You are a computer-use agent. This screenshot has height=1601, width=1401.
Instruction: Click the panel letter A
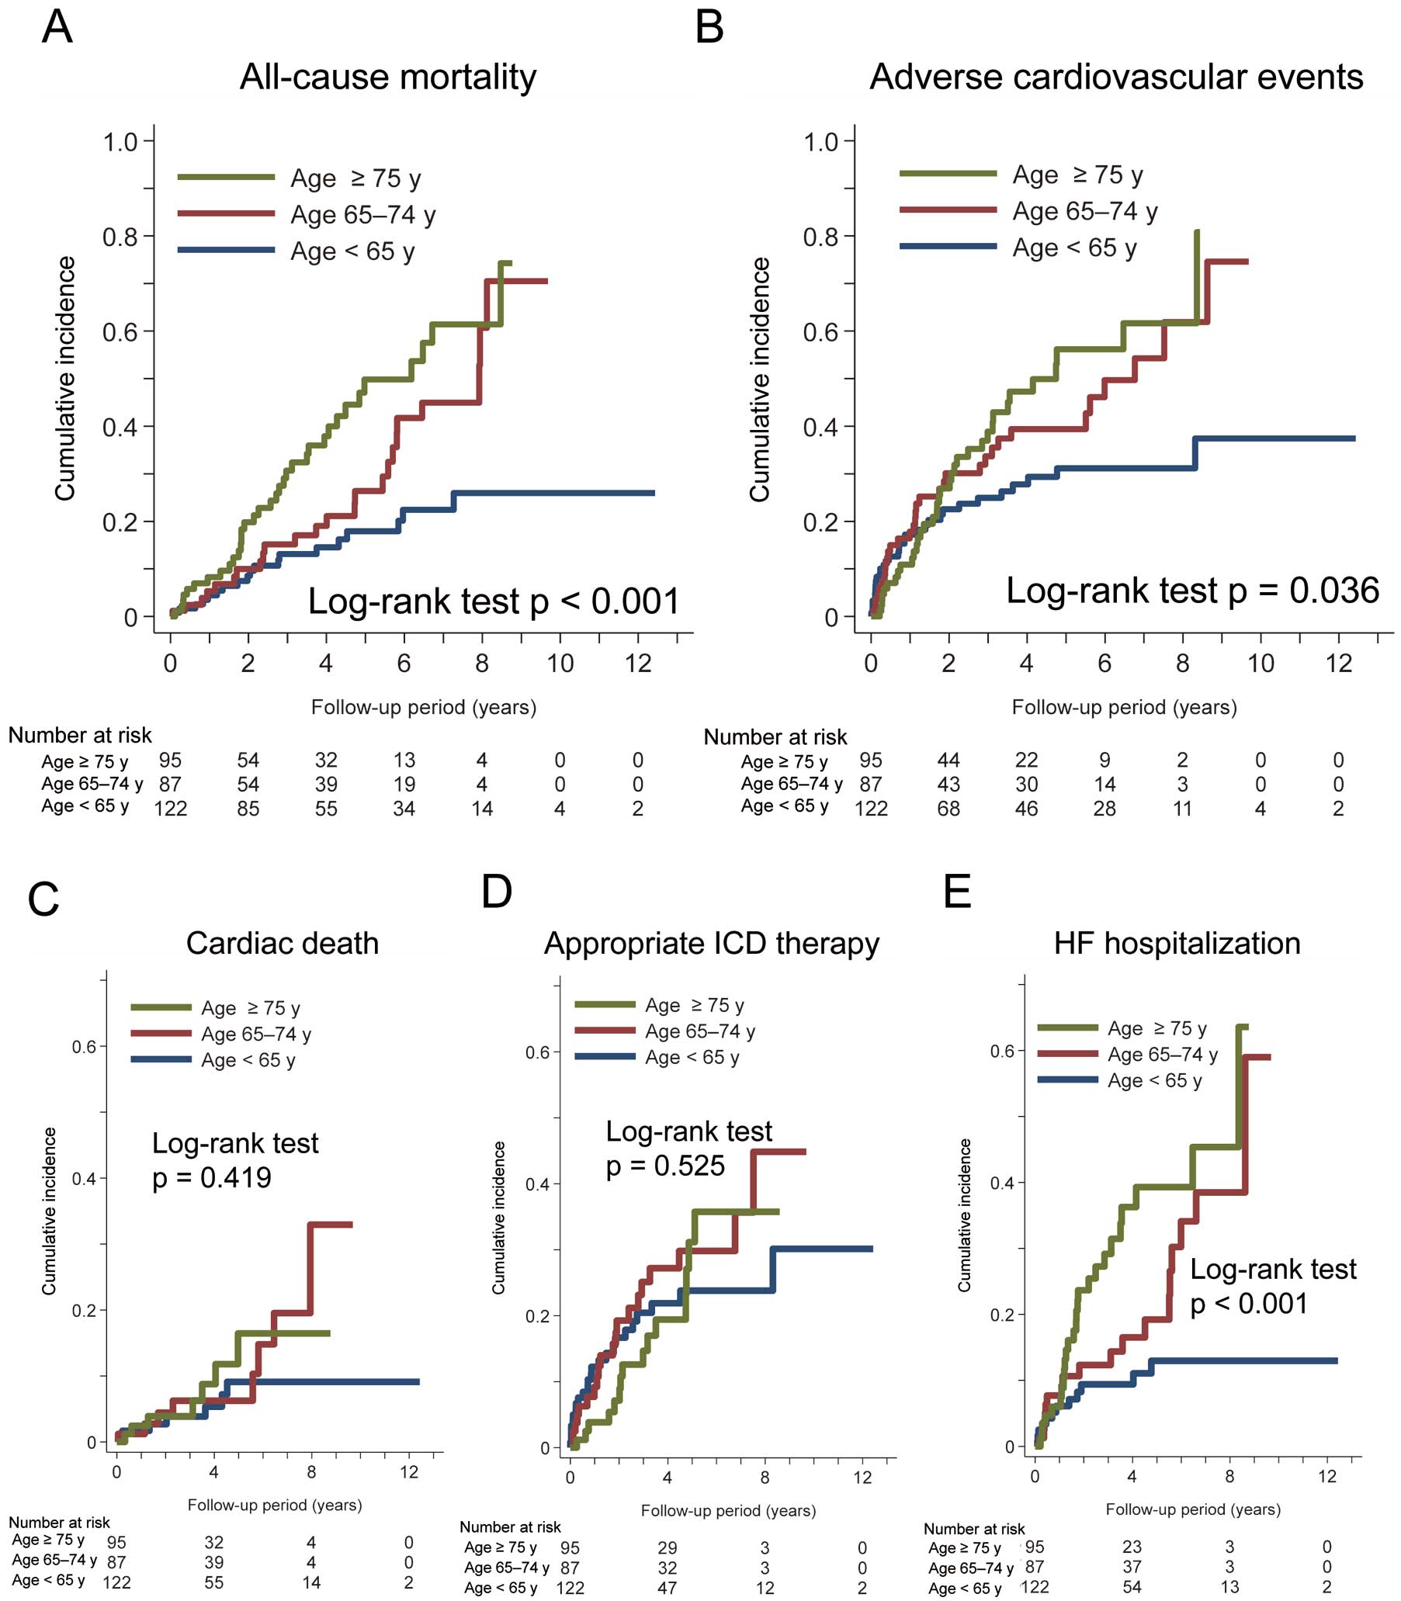[x=57, y=27]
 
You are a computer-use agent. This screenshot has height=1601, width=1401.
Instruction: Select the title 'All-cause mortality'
[x=388, y=78]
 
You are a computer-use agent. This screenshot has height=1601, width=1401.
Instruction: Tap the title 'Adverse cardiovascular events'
[x=1115, y=78]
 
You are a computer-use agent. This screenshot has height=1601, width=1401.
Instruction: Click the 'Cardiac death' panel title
[x=283, y=944]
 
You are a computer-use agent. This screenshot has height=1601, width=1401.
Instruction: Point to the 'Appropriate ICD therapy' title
[x=712, y=944]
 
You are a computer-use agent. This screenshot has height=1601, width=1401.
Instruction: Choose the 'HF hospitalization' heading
[x=1177, y=944]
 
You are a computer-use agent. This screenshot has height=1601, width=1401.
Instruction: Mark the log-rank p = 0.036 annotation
[x=1192, y=591]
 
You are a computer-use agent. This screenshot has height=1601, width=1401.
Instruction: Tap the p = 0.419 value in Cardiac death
[x=212, y=1177]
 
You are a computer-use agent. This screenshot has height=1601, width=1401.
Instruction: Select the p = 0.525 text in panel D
[x=665, y=1166]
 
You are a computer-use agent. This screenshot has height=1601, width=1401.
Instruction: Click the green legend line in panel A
[x=226, y=178]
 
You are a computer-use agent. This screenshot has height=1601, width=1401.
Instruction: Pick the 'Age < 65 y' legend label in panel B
[x=1074, y=248]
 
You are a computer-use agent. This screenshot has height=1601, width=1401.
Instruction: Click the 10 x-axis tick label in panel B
[x=1260, y=664]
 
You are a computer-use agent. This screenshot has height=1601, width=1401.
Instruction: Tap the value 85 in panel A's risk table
[x=248, y=809]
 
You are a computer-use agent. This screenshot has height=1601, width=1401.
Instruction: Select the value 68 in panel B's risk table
[x=948, y=809]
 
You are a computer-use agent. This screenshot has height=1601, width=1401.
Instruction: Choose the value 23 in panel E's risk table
[x=1132, y=1546]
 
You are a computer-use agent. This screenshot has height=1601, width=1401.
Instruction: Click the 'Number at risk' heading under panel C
[x=60, y=1522]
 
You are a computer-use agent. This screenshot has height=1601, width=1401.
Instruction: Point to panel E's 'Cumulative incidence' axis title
[x=965, y=1215]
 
